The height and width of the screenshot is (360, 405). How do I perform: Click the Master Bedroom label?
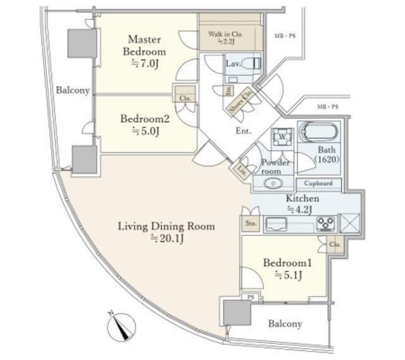pyautogui.click(x=144, y=46)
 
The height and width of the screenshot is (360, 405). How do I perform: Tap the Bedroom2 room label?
pyautogui.click(x=145, y=119)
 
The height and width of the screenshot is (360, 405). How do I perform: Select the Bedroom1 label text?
pyautogui.click(x=287, y=263)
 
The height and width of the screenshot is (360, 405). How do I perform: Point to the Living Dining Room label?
pyautogui.click(x=166, y=227)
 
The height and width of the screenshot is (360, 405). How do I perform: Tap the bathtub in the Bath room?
pyautogui.click(x=319, y=132)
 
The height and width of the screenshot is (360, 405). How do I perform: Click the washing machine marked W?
pyautogui.click(x=282, y=137)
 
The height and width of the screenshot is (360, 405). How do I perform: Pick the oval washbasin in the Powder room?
pyautogui.click(x=273, y=183)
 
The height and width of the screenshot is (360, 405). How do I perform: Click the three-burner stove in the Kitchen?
pyautogui.click(x=326, y=224)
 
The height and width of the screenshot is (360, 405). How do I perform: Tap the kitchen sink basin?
pyautogui.click(x=277, y=224)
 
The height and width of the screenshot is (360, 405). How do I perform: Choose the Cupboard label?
pyautogui.click(x=318, y=183)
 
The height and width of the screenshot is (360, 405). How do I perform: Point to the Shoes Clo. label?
pyautogui.click(x=240, y=101)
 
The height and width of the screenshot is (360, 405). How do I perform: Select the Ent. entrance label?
pyautogui.click(x=243, y=131)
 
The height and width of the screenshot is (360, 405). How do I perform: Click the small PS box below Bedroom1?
pyautogui.click(x=251, y=297)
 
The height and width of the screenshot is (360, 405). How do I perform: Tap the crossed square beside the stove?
pyautogui.click(x=350, y=223)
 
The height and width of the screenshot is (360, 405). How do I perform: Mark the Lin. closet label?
pyautogui.click(x=242, y=170)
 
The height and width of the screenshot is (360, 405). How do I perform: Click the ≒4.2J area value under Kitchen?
pyautogui.click(x=299, y=209)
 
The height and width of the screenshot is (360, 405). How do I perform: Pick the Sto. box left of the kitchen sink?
pyautogui.click(x=251, y=223)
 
